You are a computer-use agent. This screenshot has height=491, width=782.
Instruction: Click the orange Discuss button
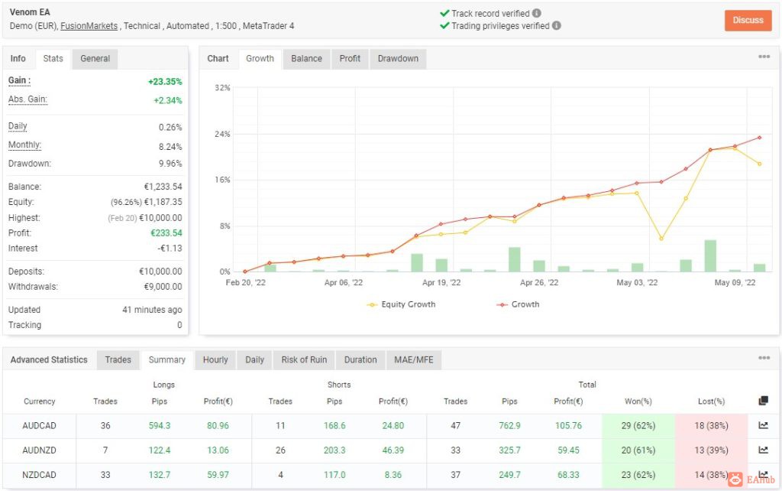pos(748,21)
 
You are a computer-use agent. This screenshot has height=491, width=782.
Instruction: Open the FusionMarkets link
pos(89,26)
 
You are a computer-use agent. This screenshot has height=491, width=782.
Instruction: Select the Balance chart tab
pos(306,58)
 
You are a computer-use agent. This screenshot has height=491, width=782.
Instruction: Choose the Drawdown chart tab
pos(398,58)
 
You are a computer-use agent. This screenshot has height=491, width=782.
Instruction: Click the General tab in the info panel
pos(95,58)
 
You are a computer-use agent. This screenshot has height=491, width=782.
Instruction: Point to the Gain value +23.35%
pos(165,81)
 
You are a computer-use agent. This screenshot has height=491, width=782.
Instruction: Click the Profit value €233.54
pos(166,232)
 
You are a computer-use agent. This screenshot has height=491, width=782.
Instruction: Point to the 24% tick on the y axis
pos(222,134)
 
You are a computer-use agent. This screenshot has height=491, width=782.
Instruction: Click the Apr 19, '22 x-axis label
pos(441,283)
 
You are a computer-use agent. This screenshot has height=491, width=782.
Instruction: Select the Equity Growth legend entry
pos(402,304)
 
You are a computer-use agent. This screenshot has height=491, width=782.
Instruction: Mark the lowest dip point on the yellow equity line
pos(661,239)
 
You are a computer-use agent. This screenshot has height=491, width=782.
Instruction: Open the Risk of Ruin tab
pos(304,359)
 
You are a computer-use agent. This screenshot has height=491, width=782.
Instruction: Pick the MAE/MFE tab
pos(413,359)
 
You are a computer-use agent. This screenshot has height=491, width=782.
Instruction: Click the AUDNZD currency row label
pos(40,450)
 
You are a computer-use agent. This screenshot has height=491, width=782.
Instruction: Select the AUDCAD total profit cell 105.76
pos(568,425)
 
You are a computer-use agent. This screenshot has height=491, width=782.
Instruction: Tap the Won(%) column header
pos(638,401)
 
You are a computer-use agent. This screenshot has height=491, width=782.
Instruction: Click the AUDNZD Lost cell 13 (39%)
pos(711,450)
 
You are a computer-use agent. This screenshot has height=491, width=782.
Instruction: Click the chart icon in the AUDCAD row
pos(763,425)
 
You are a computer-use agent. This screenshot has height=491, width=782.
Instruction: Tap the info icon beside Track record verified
pos(537,13)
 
